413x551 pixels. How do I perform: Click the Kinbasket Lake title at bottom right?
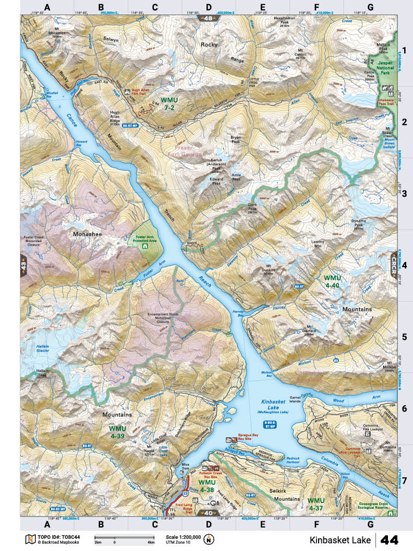tap(339, 539)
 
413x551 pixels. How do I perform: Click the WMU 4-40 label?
tap(332, 281)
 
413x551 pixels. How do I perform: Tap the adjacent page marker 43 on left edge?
tap(24, 259)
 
